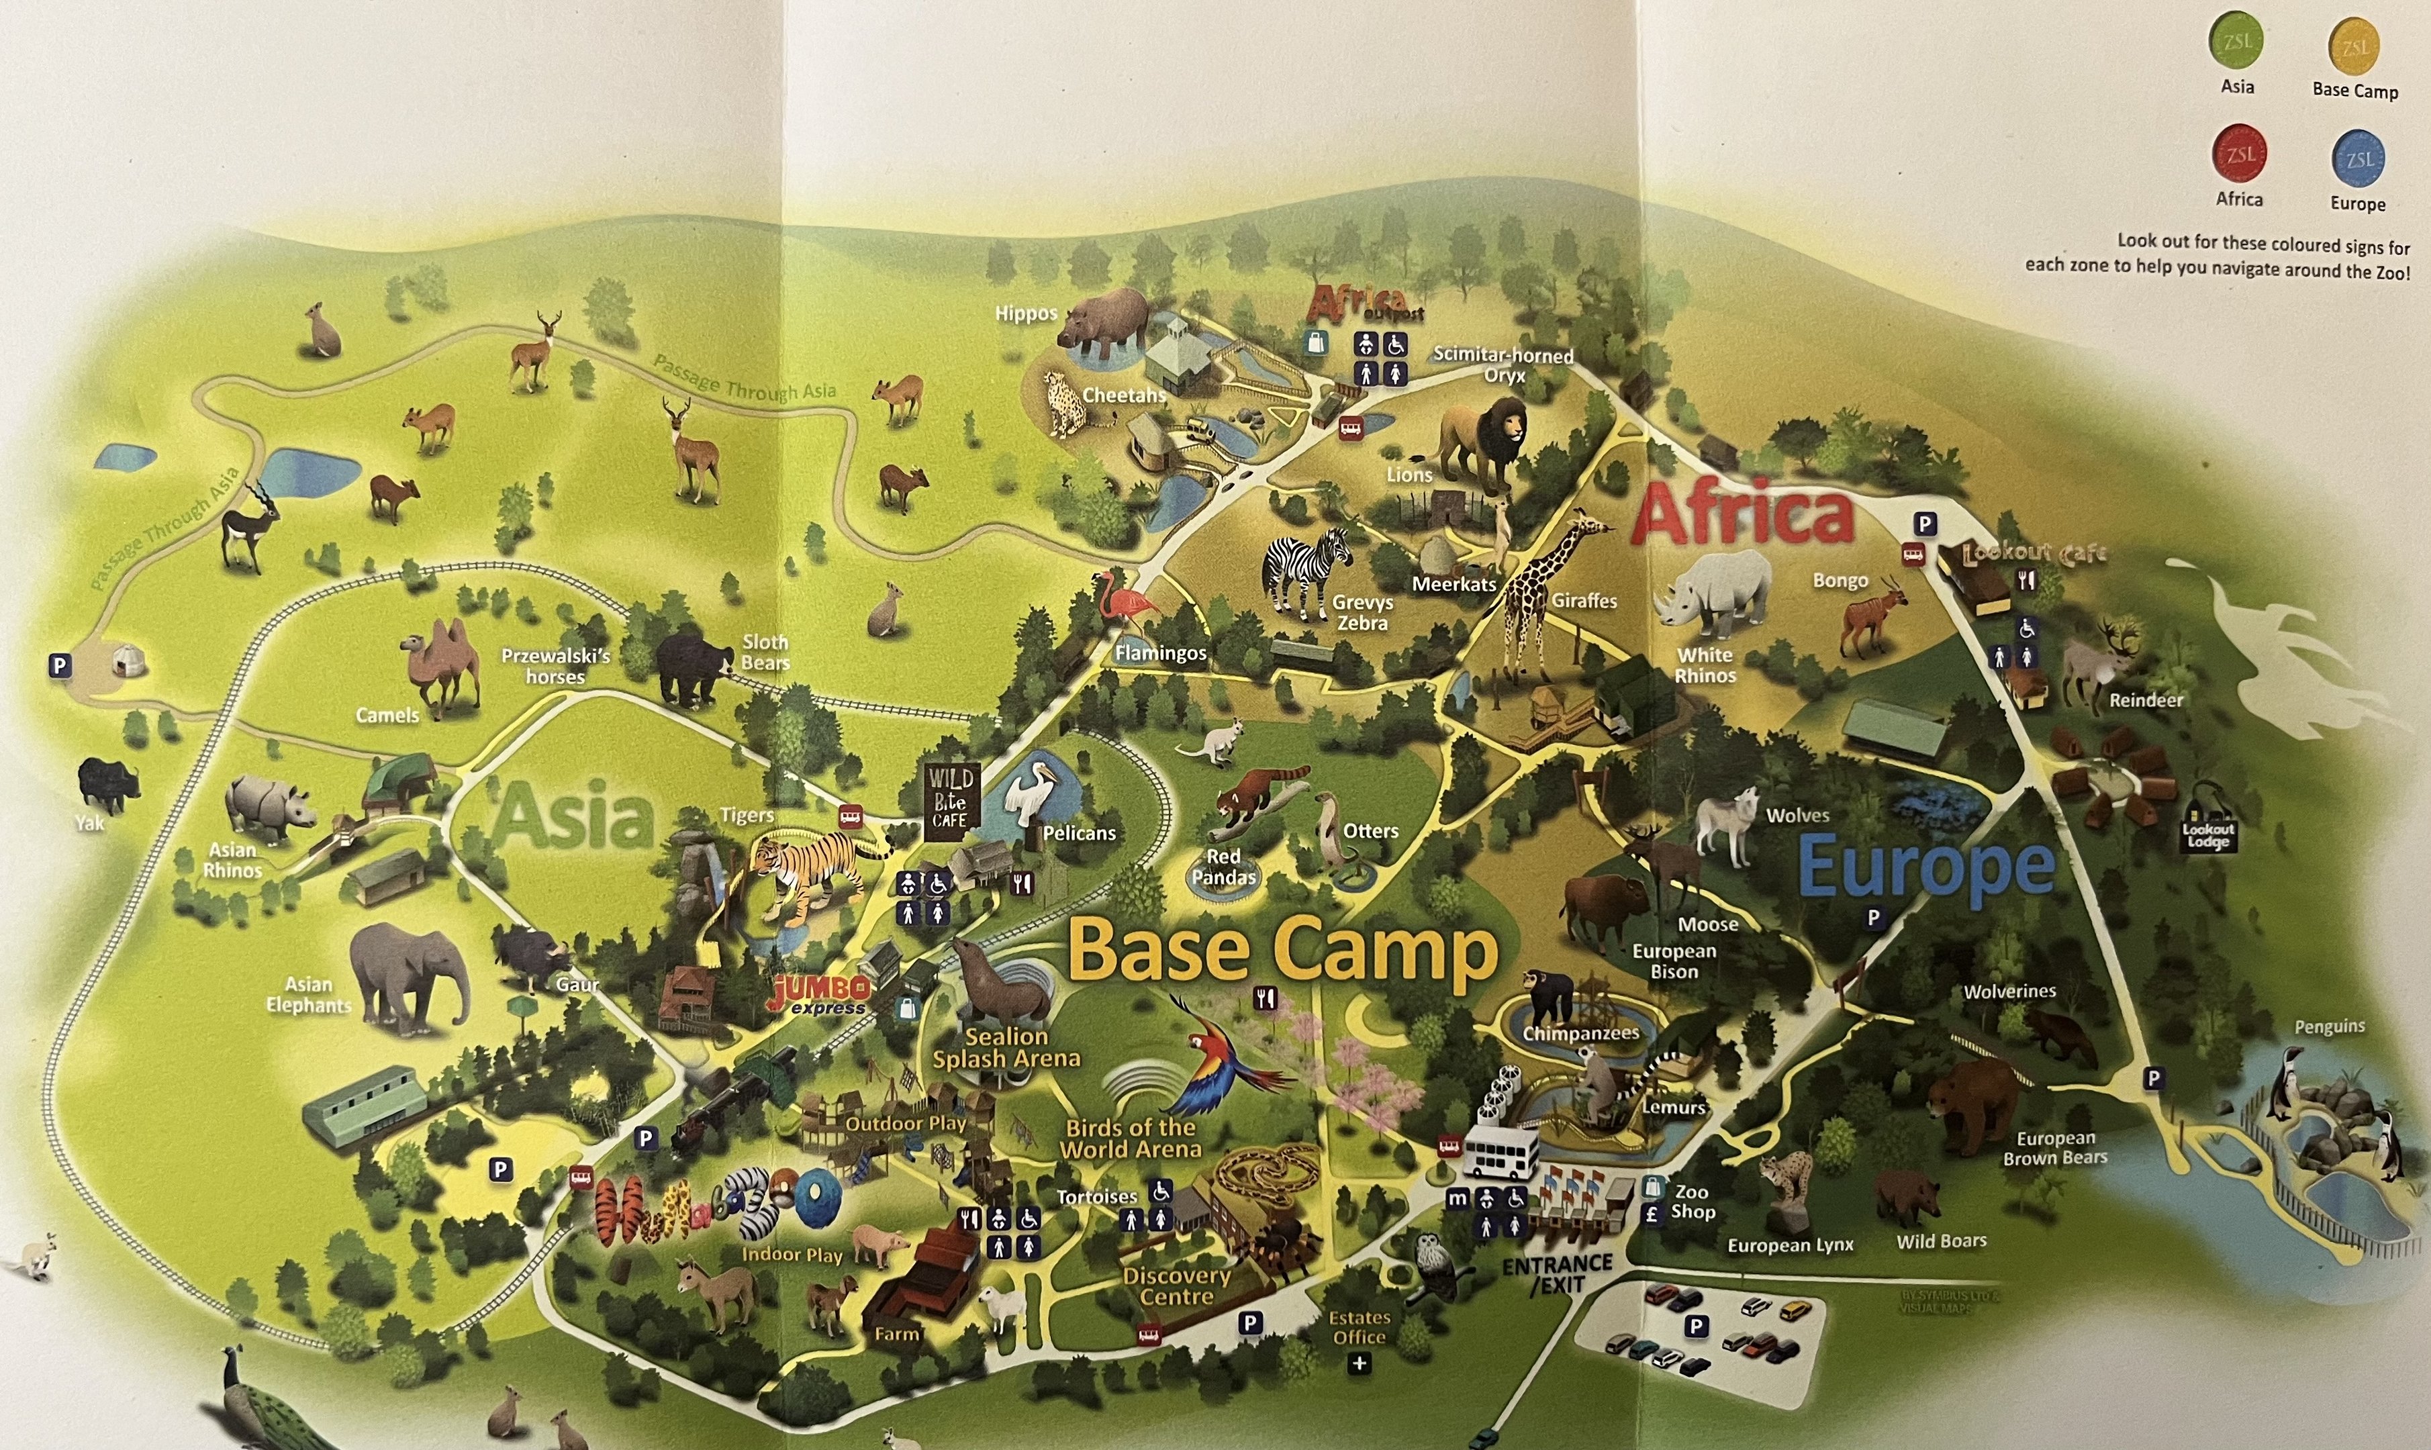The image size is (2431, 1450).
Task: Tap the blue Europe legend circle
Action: (x=2358, y=159)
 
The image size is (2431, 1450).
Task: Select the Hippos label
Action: (x=1025, y=313)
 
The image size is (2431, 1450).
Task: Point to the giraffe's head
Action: (x=1588, y=525)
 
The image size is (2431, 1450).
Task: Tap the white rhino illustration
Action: (x=1712, y=592)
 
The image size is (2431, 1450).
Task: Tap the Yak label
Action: (x=90, y=824)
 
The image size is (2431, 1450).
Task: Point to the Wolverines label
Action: (x=2010, y=992)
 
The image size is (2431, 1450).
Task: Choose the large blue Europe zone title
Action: (x=1926, y=867)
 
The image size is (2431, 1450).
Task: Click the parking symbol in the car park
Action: (x=1697, y=1326)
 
